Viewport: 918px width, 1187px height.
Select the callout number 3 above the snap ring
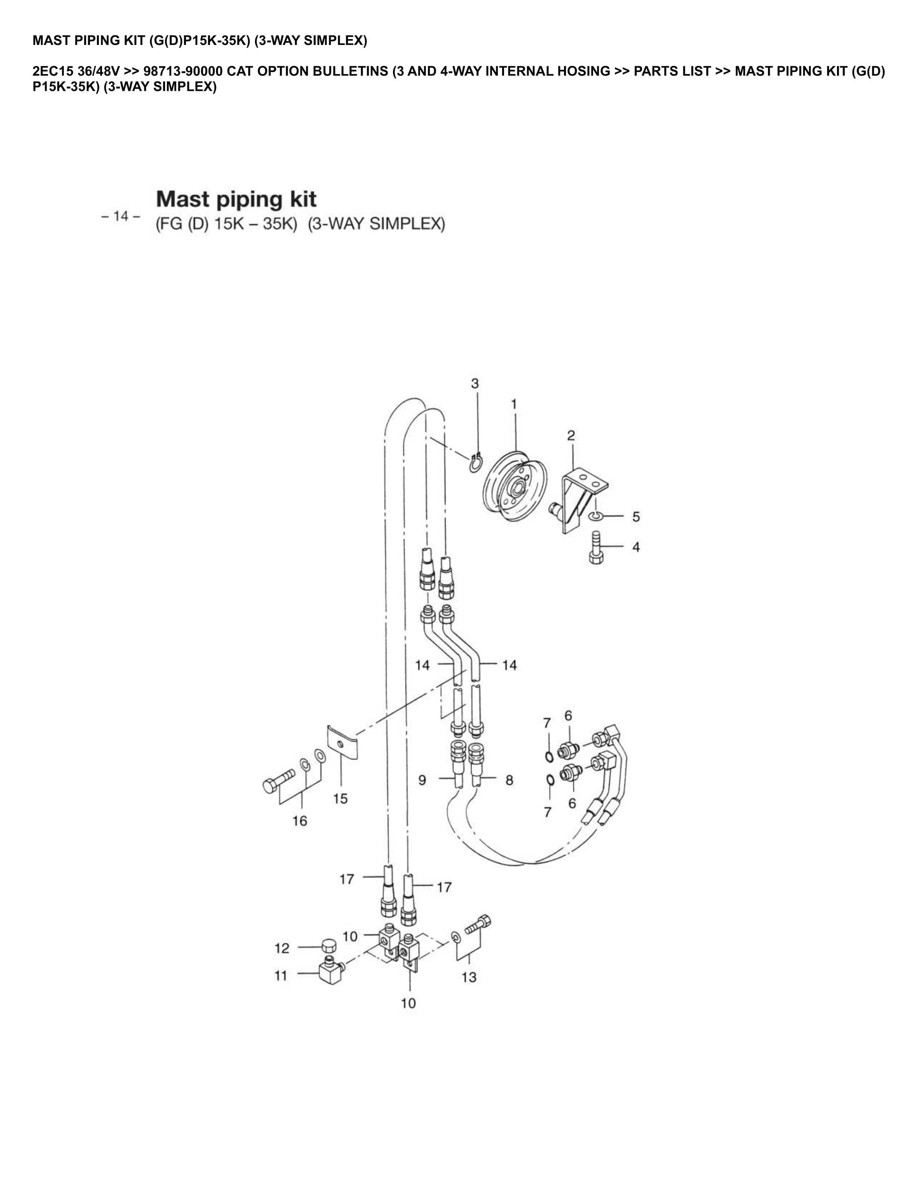(x=475, y=384)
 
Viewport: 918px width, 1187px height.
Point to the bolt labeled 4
(x=597, y=549)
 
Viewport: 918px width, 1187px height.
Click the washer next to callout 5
(x=595, y=515)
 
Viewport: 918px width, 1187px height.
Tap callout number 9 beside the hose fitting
(x=422, y=780)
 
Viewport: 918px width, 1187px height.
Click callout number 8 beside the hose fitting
(x=509, y=780)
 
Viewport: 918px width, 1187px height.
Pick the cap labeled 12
(x=327, y=946)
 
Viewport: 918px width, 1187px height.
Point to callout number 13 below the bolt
(x=469, y=977)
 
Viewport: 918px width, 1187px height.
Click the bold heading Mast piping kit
(x=236, y=199)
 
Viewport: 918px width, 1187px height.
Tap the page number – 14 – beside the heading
(x=121, y=216)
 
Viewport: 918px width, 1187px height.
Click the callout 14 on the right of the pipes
(x=509, y=665)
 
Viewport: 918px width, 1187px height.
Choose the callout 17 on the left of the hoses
(x=346, y=879)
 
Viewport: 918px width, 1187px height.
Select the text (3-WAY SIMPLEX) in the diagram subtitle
(x=376, y=224)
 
